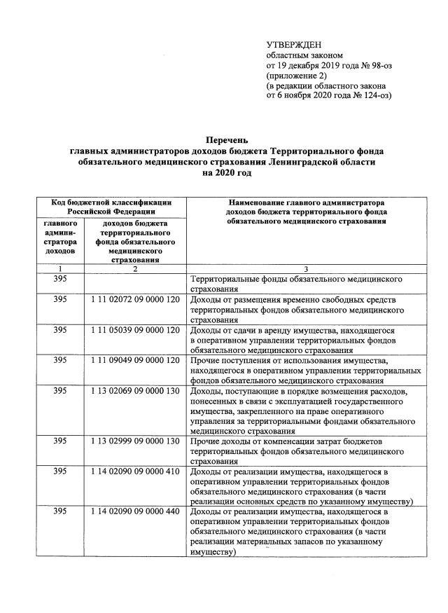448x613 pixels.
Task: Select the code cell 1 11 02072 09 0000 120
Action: (136, 299)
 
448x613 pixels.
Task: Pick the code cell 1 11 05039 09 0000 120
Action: (136, 329)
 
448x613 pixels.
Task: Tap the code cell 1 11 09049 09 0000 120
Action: (136, 359)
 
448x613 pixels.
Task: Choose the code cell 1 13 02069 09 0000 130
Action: (136, 390)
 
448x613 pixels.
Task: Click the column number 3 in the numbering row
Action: (306, 269)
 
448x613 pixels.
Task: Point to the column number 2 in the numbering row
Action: (136, 269)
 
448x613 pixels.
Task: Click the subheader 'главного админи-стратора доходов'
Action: (61, 237)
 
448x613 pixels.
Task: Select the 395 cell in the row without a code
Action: (61, 279)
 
